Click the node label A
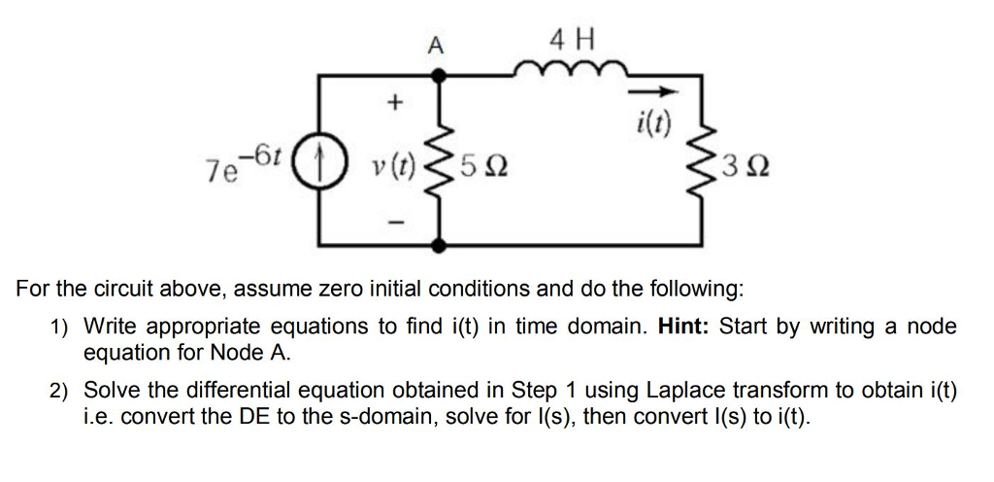(x=436, y=44)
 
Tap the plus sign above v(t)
(x=394, y=102)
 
